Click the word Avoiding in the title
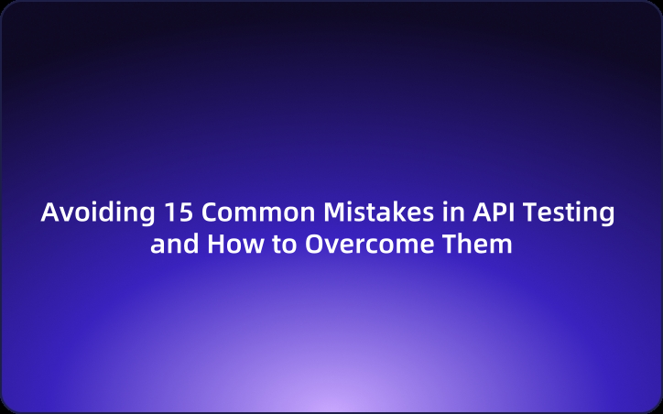point(99,212)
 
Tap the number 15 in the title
point(179,212)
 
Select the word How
point(228,245)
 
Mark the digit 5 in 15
point(186,212)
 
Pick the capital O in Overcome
point(305,245)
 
